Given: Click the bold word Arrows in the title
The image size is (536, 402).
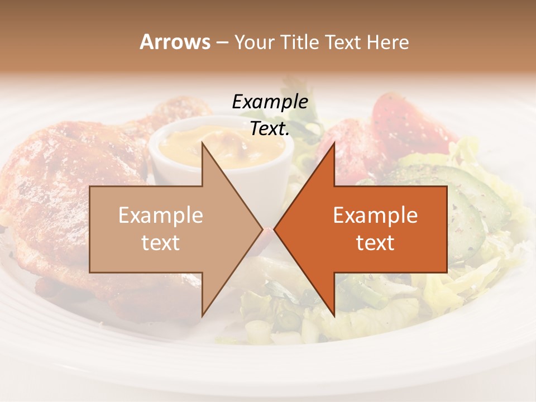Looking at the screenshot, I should pyautogui.click(x=175, y=42).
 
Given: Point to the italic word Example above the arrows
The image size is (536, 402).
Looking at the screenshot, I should pyautogui.click(x=270, y=102).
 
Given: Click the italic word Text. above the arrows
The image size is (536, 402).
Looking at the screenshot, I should pyautogui.click(x=270, y=129).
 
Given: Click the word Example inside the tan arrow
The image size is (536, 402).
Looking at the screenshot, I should pyautogui.click(x=161, y=216).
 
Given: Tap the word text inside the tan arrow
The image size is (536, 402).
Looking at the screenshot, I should pyautogui.click(x=161, y=243).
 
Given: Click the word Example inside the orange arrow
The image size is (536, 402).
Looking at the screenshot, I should pyautogui.click(x=375, y=216).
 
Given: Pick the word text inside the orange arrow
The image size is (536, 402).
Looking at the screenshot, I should pyautogui.click(x=375, y=243).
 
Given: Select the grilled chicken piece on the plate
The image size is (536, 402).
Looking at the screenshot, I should pyautogui.click(x=50, y=184).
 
